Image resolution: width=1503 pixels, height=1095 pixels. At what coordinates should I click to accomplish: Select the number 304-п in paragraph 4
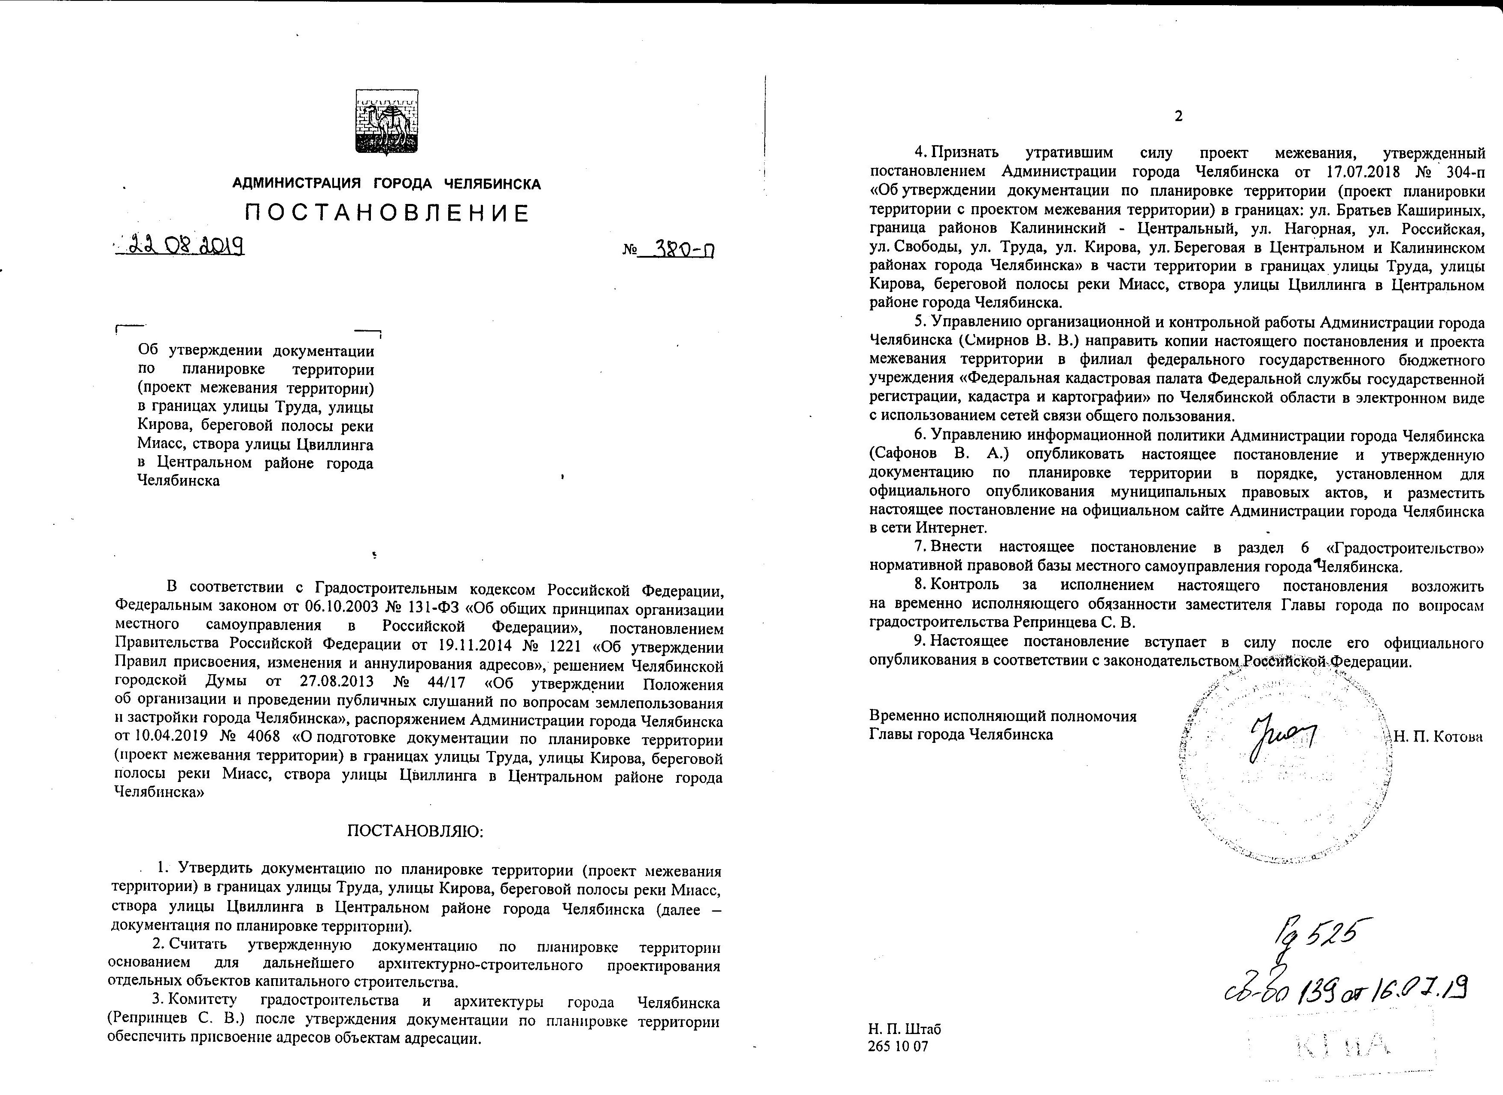click(1462, 172)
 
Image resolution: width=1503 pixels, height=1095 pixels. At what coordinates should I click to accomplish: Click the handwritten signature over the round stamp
click(1282, 742)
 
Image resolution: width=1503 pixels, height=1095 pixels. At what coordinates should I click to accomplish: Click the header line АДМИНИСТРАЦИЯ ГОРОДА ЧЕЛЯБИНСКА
click(387, 184)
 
